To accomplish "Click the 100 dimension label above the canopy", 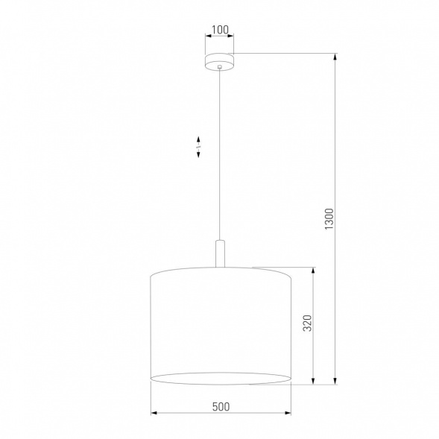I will [x=219, y=31].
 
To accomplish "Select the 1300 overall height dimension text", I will [x=329, y=217].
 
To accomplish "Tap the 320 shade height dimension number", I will [x=306, y=324].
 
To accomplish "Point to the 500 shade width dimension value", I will [x=219, y=406].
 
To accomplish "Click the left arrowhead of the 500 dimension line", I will [x=154, y=411].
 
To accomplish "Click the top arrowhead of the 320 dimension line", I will [x=314, y=269].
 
